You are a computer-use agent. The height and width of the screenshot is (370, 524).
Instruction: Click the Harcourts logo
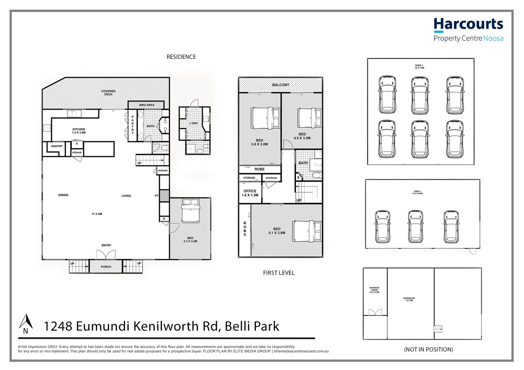(x=468, y=30)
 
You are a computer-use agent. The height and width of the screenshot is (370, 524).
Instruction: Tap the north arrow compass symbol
(x=26, y=324)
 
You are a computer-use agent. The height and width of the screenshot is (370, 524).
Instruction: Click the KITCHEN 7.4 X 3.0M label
(x=79, y=131)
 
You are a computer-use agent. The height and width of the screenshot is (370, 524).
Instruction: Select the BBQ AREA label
(x=147, y=105)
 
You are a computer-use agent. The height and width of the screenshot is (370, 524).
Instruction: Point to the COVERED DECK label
(x=108, y=93)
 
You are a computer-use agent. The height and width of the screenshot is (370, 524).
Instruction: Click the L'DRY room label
(x=194, y=123)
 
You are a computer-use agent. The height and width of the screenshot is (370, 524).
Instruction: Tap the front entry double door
(x=106, y=255)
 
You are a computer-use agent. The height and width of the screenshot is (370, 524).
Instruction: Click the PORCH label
(x=106, y=267)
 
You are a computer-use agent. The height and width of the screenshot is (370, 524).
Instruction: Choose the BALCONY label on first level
(x=281, y=85)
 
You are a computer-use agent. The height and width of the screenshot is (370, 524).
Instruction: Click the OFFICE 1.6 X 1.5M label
(x=250, y=193)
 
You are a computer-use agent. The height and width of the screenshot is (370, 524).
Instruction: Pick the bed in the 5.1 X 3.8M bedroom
(x=307, y=231)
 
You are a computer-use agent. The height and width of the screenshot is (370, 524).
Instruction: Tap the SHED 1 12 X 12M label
(x=419, y=66)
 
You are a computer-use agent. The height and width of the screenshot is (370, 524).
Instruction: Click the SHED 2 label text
(x=417, y=193)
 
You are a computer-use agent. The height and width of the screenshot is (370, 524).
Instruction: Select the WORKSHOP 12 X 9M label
(x=409, y=299)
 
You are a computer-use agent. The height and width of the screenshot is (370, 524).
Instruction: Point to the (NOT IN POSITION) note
(x=428, y=349)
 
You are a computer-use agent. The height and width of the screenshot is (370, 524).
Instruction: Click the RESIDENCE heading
(x=181, y=57)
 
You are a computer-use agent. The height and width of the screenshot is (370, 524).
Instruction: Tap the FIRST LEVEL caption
(x=278, y=273)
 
